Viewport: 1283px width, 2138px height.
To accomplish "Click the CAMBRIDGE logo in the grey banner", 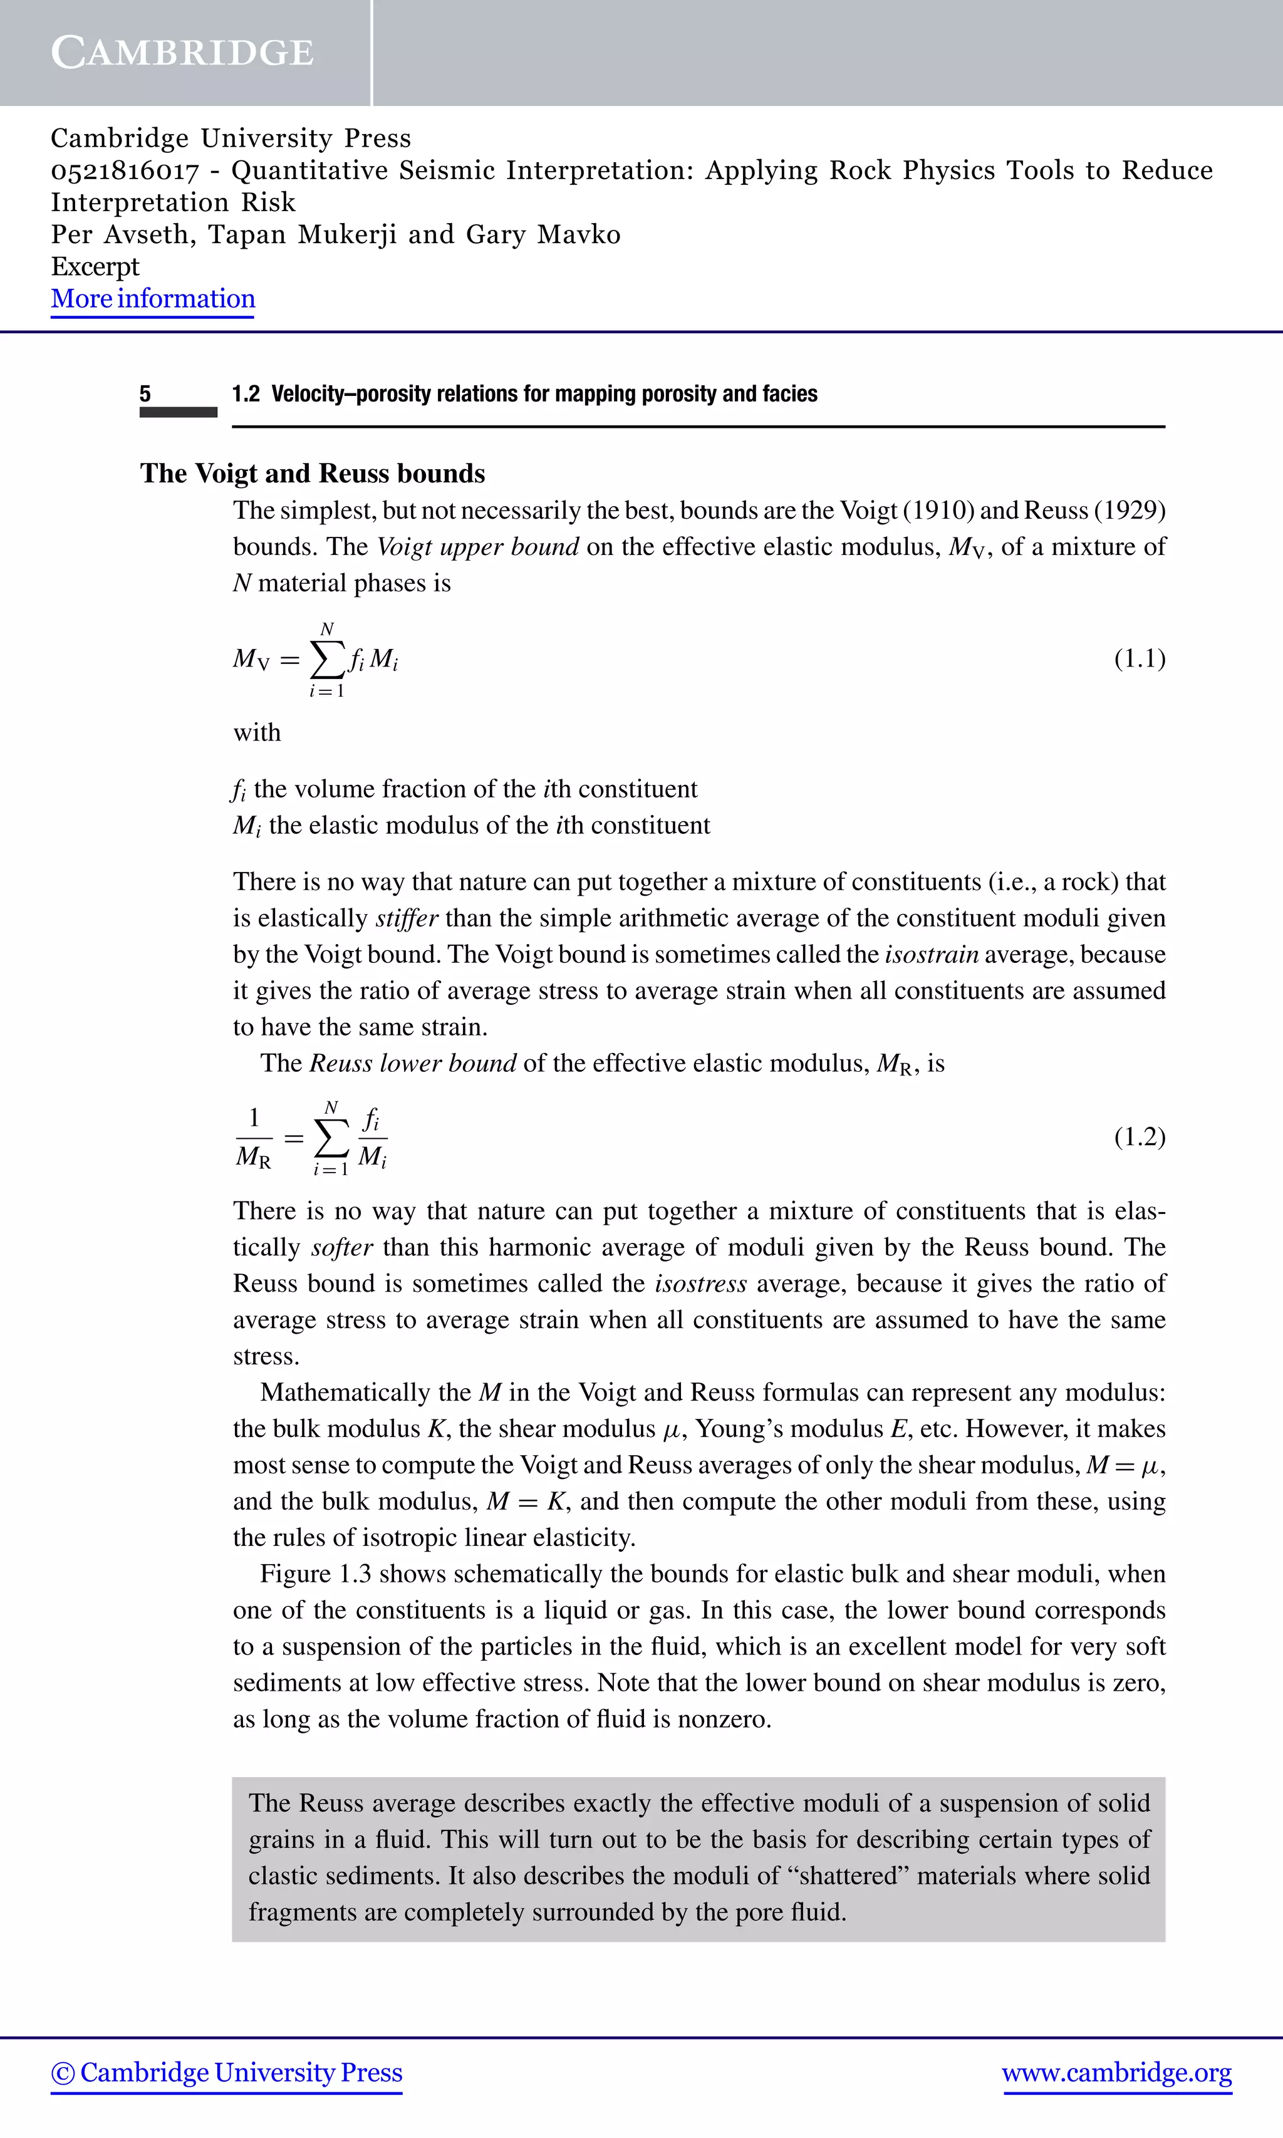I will point(182,53).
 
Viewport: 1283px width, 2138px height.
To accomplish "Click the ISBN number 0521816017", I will point(125,170).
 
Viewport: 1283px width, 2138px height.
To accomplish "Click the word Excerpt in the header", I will point(95,266).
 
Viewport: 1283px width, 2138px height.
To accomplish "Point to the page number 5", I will point(145,394).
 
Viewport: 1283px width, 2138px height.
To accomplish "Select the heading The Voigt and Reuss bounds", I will point(312,473).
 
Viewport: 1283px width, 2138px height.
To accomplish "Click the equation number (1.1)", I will point(1139,659).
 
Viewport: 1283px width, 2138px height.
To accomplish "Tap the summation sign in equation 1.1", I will point(326,660).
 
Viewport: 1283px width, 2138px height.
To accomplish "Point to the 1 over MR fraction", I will point(253,1138).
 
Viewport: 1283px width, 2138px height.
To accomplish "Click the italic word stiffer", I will point(407,918).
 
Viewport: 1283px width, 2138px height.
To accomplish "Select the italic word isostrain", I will point(931,955).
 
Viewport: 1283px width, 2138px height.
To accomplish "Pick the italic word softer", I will point(341,1247).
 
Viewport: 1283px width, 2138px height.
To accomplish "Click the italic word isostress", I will point(700,1284).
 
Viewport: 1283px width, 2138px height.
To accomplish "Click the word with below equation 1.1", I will point(257,732).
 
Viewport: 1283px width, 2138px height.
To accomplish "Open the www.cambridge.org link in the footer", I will point(1116,2072).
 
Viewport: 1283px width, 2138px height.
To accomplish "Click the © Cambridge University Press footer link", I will point(227,2072).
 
